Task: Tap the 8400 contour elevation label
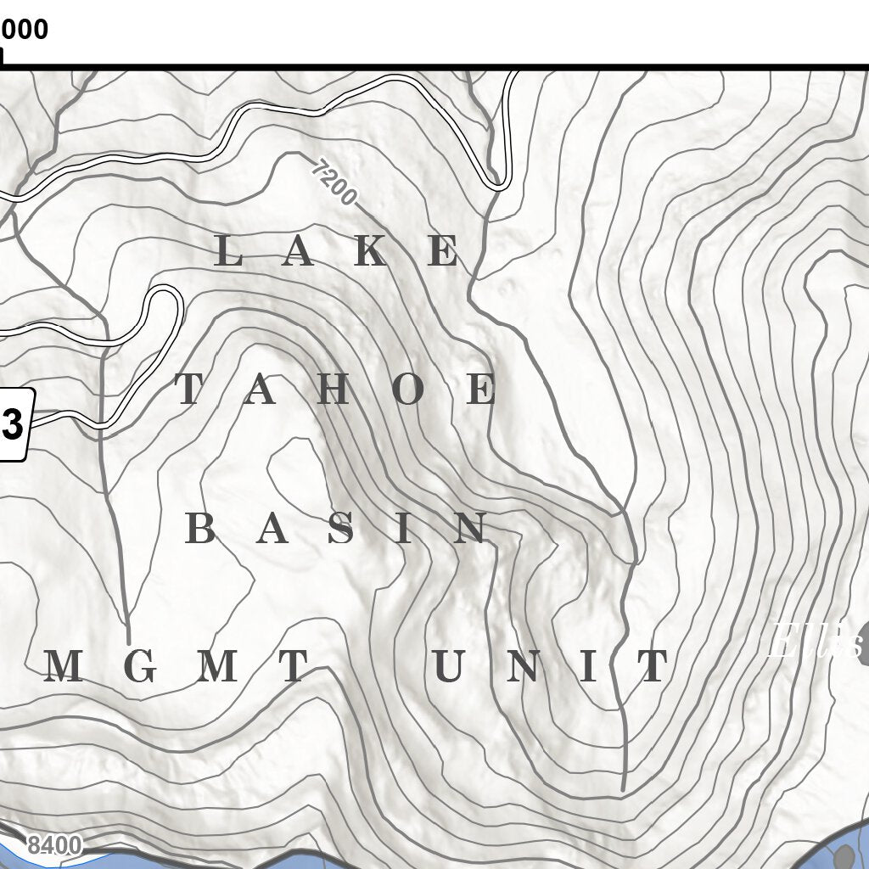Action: pyautogui.click(x=54, y=846)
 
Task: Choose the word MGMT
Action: pyautogui.click(x=175, y=667)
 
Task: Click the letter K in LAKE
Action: pyautogui.click(x=371, y=252)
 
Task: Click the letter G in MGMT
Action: pyautogui.click(x=141, y=667)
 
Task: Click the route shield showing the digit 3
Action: pyautogui.click(x=14, y=425)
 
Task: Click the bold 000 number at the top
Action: pyautogui.click(x=25, y=30)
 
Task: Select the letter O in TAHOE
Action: pyautogui.click(x=408, y=390)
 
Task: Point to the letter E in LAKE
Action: pyautogui.click(x=443, y=252)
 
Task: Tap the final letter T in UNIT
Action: pyautogui.click(x=653, y=667)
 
